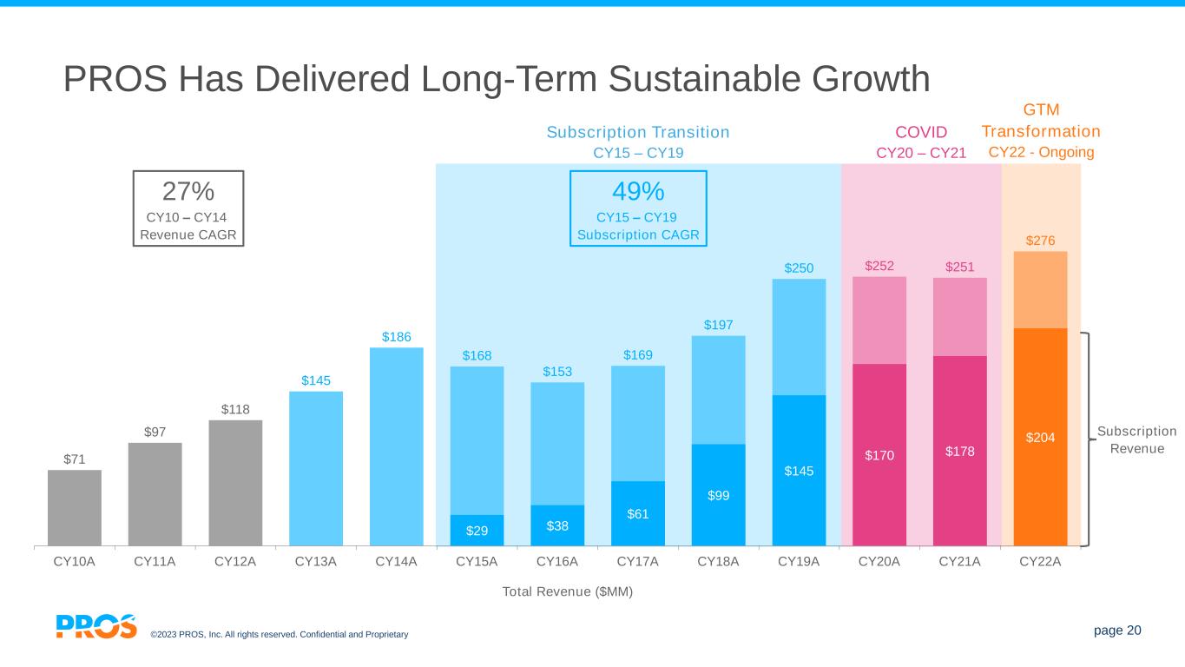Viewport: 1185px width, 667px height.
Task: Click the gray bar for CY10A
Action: [75, 507]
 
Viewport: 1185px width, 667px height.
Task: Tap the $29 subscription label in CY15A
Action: [477, 530]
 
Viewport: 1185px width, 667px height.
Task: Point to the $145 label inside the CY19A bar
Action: [799, 470]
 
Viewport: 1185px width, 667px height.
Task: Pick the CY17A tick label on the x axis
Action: [637, 561]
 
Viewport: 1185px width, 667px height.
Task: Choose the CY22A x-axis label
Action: [1040, 561]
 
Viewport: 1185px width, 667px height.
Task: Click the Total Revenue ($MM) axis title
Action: [568, 591]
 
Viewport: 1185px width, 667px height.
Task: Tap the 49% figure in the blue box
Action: [638, 191]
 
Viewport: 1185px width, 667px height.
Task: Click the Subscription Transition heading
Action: [638, 132]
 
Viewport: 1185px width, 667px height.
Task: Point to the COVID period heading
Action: [921, 132]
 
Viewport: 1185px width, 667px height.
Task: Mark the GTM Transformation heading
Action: [1041, 121]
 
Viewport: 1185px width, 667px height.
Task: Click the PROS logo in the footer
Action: [96, 626]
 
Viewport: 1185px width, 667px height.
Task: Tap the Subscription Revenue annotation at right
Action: [1136, 439]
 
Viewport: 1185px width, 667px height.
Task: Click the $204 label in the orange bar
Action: [1040, 438]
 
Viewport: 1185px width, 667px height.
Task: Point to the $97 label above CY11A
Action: [155, 431]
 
